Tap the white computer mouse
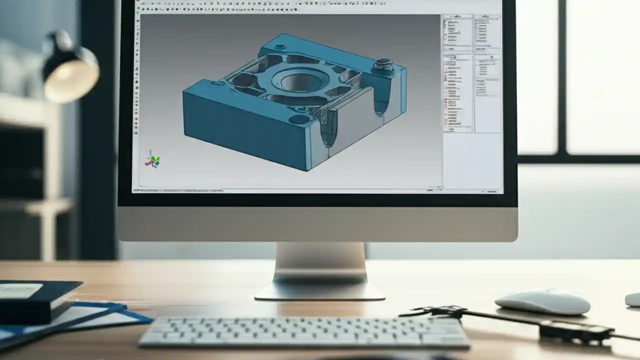[542, 302]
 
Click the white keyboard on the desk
[303, 332]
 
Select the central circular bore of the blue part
[298, 79]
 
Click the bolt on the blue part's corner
[383, 65]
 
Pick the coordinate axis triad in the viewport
[152, 160]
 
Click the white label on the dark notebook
[20, 290]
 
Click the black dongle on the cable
[575, 330]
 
